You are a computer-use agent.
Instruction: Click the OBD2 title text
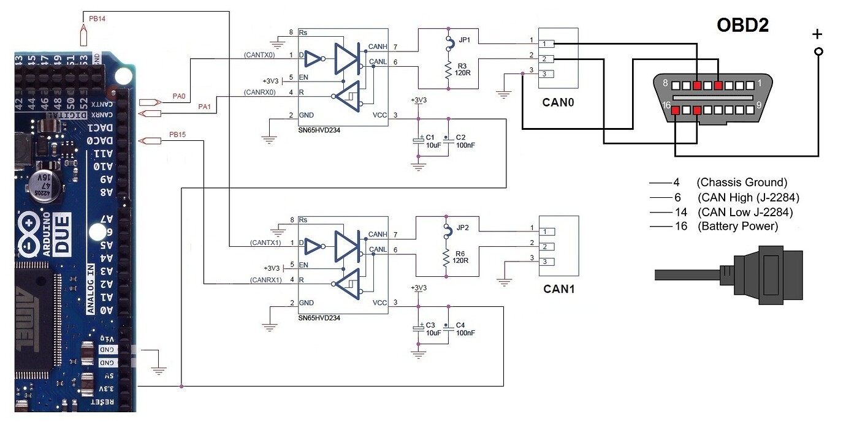[742, 25]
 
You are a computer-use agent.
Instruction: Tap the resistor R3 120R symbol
[449, 70]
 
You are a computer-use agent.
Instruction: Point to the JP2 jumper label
[463, 228]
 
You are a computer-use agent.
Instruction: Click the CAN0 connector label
[558, 102]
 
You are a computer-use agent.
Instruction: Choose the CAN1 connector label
[558, 289]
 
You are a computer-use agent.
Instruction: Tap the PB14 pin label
[97, 19]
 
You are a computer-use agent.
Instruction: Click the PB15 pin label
[177, 135]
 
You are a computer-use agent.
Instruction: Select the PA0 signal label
[178, 96]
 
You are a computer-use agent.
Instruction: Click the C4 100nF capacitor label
[465, 329]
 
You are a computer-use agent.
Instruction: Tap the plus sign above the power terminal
[817, 35]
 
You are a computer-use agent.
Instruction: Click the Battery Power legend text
[737, 227]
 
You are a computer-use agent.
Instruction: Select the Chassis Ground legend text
[742, 183]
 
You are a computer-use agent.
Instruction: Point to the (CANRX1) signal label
[265, 280]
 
